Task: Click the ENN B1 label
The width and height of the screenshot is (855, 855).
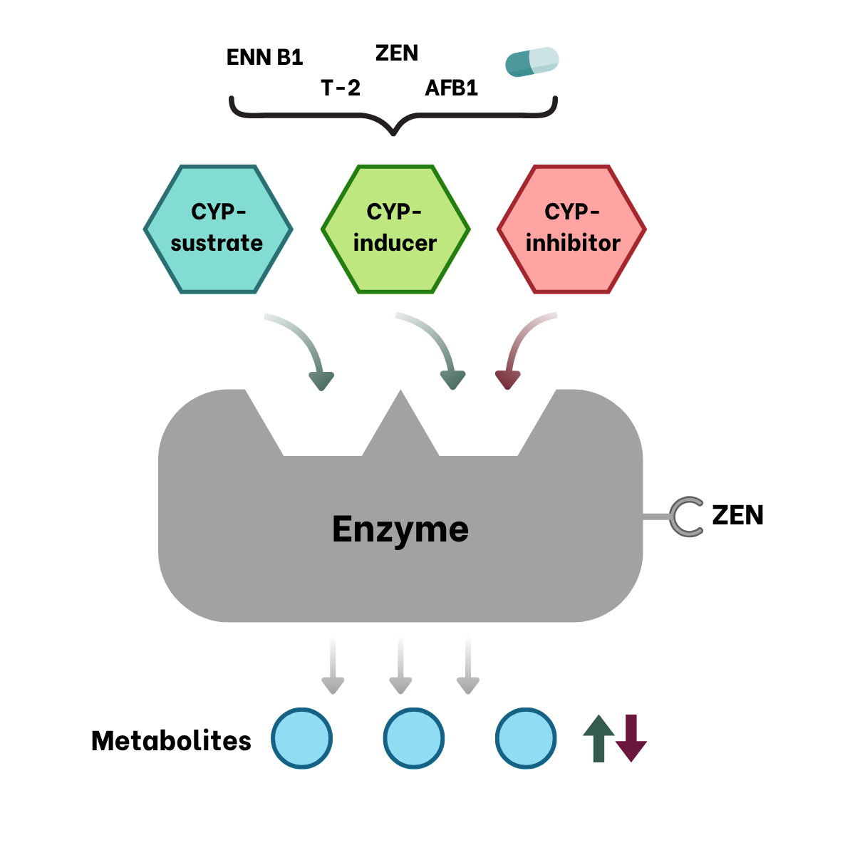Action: (264, 57)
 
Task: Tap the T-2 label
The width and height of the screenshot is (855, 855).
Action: (341, 88)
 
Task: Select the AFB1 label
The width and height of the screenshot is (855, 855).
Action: (451, 88)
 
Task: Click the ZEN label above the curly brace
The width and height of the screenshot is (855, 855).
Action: (397, 53)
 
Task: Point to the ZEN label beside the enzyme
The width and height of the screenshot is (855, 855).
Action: (737, 515)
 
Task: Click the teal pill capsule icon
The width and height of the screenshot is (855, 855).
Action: (532, 62)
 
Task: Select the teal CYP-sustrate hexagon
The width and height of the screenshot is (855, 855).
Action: (218, 229)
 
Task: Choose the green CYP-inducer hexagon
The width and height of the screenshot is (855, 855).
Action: (395, 229)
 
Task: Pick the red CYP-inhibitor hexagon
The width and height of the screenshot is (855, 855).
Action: (571, 229)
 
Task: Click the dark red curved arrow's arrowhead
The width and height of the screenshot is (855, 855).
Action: (507, 380)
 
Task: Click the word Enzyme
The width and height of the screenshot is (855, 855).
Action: (400, 529)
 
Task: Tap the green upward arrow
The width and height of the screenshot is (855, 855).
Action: (598, 738)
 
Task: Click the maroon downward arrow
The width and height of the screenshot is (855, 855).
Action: (631, 738)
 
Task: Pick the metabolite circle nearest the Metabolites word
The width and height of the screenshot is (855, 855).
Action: (301, 738)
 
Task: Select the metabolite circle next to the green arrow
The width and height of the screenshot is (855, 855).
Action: (526, 738)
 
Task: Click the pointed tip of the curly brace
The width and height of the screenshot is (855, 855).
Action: (393, 134)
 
